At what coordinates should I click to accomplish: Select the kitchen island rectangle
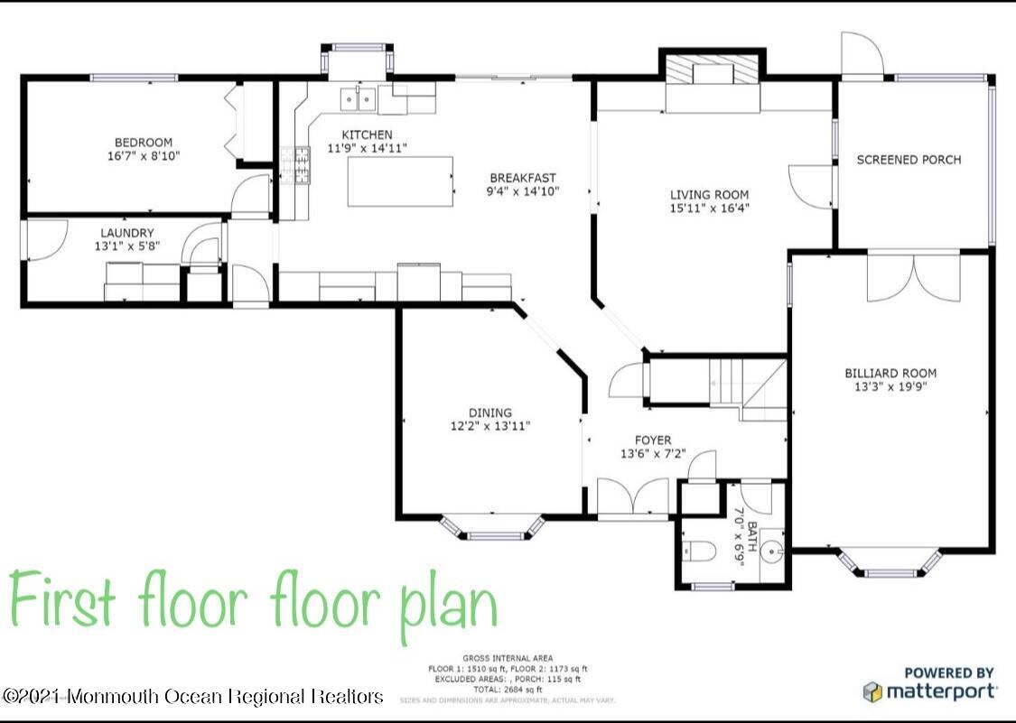click(401, 181)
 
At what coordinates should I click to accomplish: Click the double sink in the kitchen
click(359, 99)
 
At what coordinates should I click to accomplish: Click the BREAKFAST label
click(523, 178)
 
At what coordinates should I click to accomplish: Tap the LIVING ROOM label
click(709, 194)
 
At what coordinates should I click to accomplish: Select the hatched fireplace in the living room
click(713, 72)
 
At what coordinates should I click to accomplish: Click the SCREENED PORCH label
click(909, 160)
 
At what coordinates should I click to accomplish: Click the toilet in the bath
click(699, 552)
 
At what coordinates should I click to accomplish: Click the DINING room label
click(490, 412)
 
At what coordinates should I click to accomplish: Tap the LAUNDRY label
click(127, 232)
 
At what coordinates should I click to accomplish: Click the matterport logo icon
click(872, 692)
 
